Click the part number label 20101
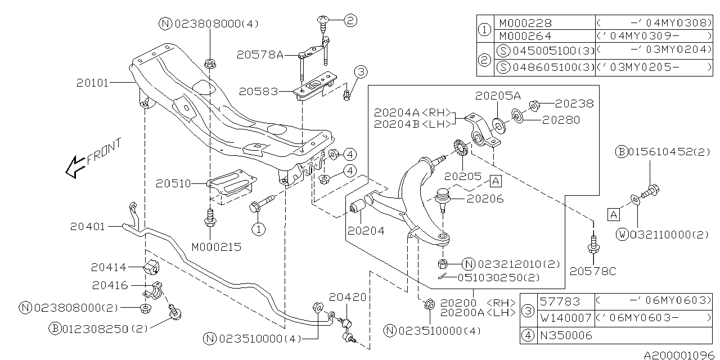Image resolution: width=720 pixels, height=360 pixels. (x=92, y=83)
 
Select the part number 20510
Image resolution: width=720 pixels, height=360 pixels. (x=173, y=183)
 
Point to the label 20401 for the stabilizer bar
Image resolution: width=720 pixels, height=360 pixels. (x=87, y=227)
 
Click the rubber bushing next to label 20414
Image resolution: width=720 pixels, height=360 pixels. (x=151, y=267)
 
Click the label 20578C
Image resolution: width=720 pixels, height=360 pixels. (x=593, y=272)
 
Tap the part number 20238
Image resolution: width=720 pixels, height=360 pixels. (x=574, y=103)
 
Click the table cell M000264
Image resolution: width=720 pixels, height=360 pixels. (x=526, y=38)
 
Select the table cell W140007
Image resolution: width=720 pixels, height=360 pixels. (x=566, y=318)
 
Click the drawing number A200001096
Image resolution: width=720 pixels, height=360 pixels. (x=680, y=355)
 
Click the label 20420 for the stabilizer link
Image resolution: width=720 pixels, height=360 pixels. (x=348, y=296)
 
